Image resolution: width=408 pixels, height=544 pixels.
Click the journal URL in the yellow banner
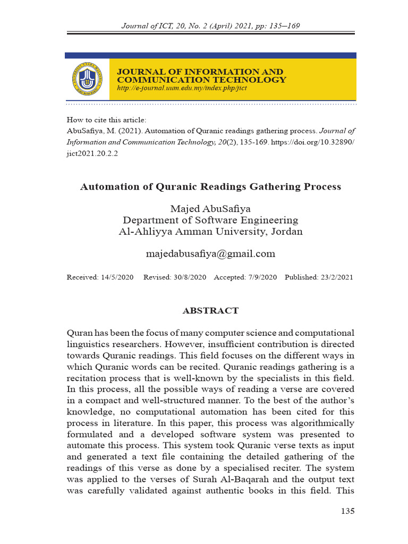181,88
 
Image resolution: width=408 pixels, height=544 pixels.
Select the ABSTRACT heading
210,311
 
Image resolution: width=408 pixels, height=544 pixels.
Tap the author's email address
210,254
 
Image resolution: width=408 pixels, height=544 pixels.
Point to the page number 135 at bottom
347,511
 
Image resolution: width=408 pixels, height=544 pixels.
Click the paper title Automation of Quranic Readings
210,187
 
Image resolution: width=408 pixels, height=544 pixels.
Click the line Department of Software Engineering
210,220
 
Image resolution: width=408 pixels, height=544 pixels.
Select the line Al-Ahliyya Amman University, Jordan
210,232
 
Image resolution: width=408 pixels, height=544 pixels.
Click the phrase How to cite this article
106,120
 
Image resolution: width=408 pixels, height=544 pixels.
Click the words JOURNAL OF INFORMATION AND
200,72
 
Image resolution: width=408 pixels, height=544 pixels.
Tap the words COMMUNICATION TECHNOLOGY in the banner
201,80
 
